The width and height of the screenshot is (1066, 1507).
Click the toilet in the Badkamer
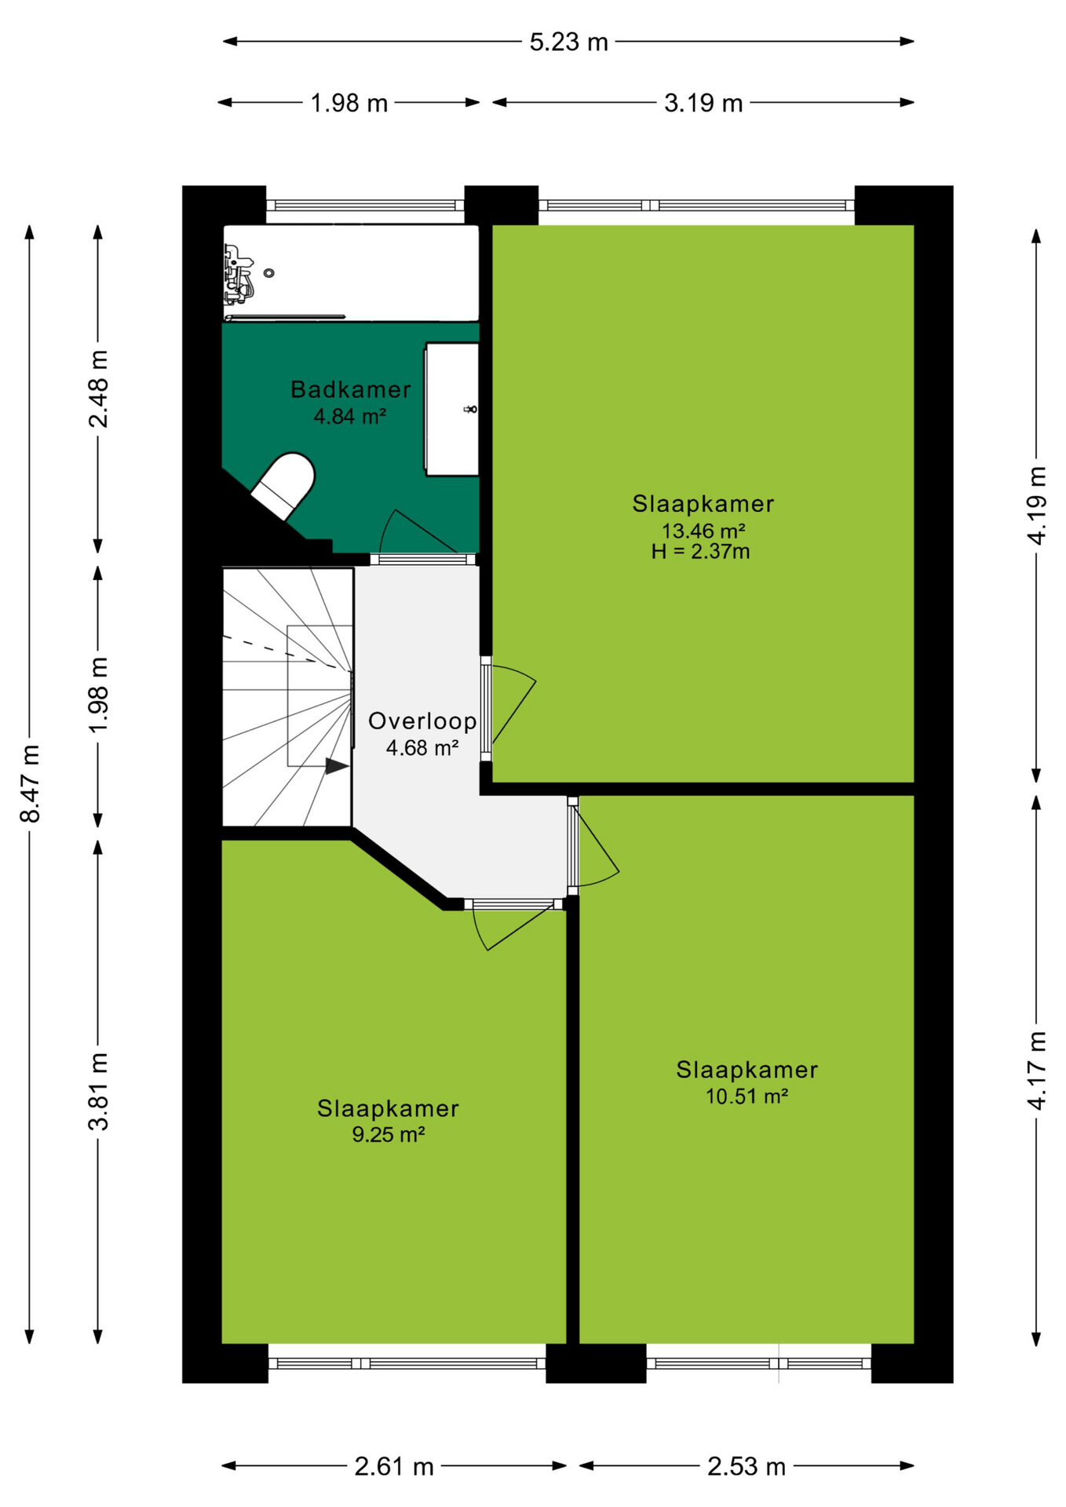point(284,485)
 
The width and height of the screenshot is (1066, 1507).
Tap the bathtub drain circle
point(269,273)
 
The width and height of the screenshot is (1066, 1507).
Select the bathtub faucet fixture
point(238,274)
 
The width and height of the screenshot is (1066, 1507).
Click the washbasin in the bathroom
point(452,409)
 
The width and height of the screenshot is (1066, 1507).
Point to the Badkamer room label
point(350,389)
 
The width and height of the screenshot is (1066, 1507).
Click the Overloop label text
point(422,721)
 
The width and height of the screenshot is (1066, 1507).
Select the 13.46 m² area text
point(703,531)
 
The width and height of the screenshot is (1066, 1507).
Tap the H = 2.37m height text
point(700,552)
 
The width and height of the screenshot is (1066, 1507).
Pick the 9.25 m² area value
point(389,1134)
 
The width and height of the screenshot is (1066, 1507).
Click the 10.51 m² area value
point(747,1096)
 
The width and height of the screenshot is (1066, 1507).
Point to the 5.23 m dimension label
point(568,42)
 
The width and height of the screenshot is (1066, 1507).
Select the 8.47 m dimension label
point(30,784)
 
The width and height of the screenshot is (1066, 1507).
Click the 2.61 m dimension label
point(394,1466)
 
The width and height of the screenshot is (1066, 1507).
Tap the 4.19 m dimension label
point(1037,505)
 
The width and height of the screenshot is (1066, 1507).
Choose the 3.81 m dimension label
point(98,1091)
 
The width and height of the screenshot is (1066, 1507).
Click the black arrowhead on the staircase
point(338,766)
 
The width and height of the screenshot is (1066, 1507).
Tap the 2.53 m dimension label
point(747,1466)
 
